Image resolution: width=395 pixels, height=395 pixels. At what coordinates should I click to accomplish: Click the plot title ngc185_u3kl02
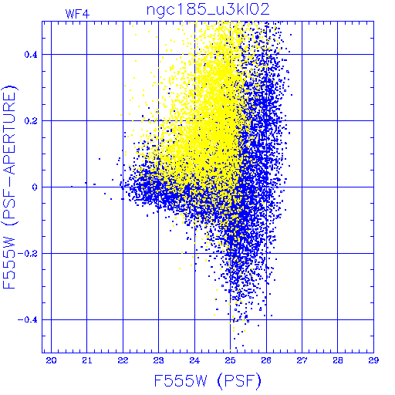point(208,10)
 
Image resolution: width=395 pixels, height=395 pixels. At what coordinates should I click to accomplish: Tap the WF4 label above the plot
point(77,14)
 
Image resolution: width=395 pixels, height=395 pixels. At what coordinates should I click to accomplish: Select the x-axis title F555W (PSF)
point(208,381)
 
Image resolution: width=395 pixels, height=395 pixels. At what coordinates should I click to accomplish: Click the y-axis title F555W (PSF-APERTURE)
point(9,187)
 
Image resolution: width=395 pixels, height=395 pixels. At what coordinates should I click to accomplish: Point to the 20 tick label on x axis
point(51,360)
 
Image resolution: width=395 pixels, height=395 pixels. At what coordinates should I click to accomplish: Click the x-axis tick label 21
point(87,360)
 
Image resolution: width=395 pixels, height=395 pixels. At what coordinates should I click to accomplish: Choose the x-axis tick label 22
point(123,360)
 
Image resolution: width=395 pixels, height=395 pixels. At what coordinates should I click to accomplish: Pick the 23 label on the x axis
point(159,360)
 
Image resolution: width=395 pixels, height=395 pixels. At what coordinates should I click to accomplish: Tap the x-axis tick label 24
point(194,360)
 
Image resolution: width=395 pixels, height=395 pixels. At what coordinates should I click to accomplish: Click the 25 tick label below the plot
point(230,360)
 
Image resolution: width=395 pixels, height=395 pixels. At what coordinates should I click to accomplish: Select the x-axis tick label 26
point(266,360)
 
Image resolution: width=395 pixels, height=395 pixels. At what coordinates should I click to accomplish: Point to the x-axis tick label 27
point(302,360)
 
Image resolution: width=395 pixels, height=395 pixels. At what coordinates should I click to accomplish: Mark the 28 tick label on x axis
point(338,360)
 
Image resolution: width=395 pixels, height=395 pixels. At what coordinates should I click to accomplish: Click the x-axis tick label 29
point(373,360)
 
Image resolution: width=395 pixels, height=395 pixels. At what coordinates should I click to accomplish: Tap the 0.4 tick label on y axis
point(31,55)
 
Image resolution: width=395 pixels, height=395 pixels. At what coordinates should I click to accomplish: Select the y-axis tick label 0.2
point(31,121)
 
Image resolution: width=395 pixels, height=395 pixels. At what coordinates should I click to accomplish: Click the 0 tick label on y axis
point(35,187)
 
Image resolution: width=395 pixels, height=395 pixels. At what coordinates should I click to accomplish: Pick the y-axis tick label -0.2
point(28,254)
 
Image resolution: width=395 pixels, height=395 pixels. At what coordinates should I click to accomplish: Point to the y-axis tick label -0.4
point(28,320)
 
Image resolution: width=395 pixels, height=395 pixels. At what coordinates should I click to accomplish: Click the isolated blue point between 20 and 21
point(72,187)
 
